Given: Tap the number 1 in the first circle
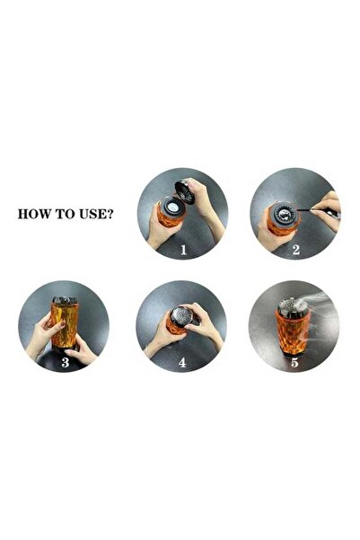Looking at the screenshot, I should pyautogui.click(x=183, y=251).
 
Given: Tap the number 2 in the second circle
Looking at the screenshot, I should pyautogui.click(x=295, y=251).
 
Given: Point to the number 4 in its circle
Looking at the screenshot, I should pyautogui.click(x=183, y=362).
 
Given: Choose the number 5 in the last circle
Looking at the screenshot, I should pyautogui.click(x=295, y=362).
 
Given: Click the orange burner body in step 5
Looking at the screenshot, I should pyautogui.click(x=292, y=337).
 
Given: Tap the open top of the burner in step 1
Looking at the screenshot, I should pyautogui.click(x=170, y=208).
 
